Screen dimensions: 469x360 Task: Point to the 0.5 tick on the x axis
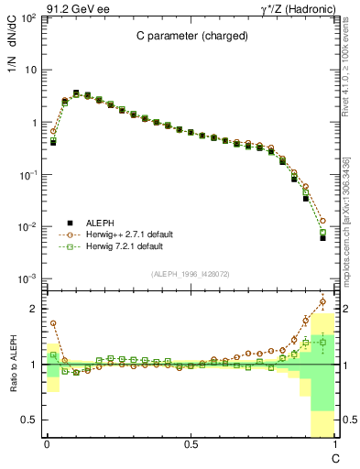click(x=191, y=444)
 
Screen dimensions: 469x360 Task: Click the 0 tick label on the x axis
click(x=47, y=444)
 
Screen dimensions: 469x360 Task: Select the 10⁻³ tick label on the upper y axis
click(x=28, y=278)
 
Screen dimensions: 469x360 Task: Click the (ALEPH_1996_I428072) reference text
click(x=191, y=274)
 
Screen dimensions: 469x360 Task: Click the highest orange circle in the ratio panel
click(x=322, y=300)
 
